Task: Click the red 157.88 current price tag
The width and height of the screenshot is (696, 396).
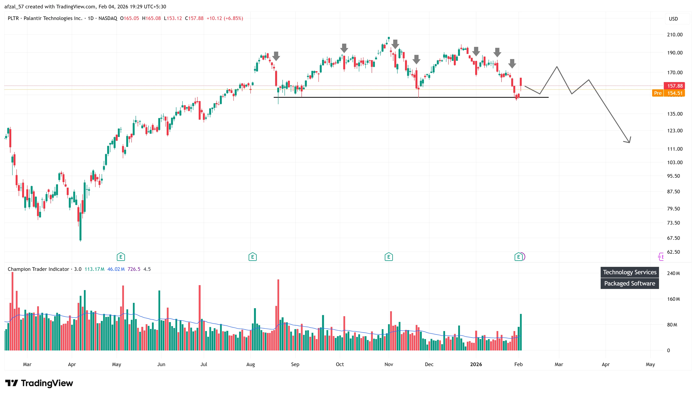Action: (x=674, y=86)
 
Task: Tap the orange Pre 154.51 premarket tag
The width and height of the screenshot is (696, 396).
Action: (x=668, y=93)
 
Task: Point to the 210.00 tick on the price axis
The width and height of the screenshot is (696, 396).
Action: (x=674, y=34)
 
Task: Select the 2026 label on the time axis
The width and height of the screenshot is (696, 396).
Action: (x=476, y=364)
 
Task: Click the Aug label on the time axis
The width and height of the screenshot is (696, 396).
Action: (x=250, y=364)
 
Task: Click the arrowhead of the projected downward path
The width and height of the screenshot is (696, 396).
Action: (x=629, y=141)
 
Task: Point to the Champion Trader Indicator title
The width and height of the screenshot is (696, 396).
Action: (x=38, y=269)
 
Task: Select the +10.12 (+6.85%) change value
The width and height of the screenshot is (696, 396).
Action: (x=225, y=18)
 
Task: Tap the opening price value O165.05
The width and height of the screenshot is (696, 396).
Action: (x=129, y=18)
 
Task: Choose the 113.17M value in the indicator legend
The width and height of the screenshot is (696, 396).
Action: (x=94, y=269)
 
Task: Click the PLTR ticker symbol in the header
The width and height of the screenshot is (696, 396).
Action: (x=13, y=18)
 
